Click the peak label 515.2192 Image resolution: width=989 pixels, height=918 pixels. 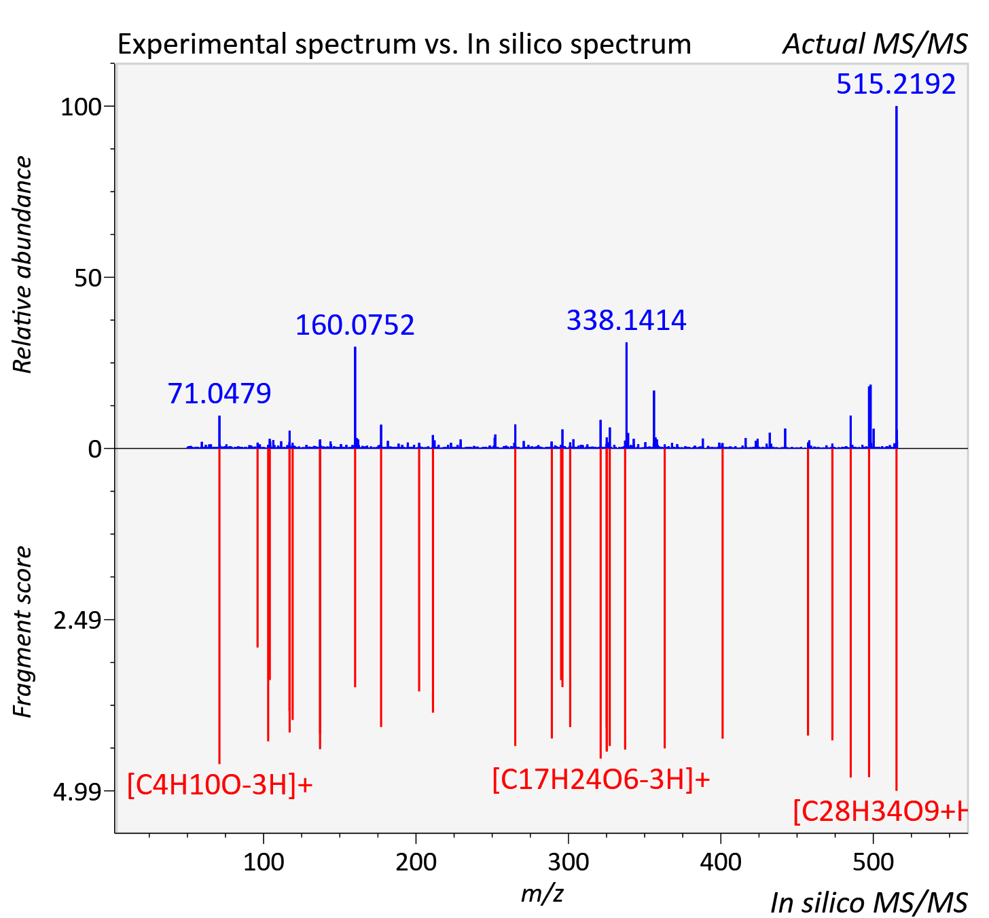pyautogui.click(x=896, y=84)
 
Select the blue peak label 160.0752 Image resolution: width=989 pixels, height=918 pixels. pyautogui.click(x=355, y=325)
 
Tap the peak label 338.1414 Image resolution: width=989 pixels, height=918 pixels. pyautogui.click(x=626, y=320)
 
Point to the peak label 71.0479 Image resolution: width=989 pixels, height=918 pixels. pyautogui.click(x=219, y=393)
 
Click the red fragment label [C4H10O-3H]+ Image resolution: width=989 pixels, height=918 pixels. pyautogui.click(x=220, y=785)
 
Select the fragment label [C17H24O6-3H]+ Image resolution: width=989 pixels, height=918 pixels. pyautogui.click(x=601, y=779)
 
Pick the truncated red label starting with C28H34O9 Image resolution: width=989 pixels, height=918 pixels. pyautogui.click(x=880, y=812)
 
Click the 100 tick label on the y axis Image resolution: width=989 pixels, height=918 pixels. pyautogui.click(x=81, y=107)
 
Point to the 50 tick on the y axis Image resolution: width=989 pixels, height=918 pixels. pyautogui.click(x=88, y=278)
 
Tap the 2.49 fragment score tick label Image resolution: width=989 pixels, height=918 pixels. pyautogui.click(x=77, y=621)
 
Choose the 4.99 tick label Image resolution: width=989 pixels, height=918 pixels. pyautogui.click(x=77, y=792)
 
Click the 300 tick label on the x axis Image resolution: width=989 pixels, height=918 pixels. pyautogui.click(x=569, y=862)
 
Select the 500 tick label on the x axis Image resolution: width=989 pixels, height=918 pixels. pyautogui.click(x=873, y=862)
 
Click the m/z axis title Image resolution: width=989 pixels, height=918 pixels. pyautogui.click(x=542, y=894)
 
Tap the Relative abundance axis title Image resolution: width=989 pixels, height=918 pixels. pyautogui.click(x=23, y=264)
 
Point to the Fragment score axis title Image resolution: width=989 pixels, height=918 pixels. pyautogui.click(x=23, y=631)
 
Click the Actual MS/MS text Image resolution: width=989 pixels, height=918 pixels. pyautogui.click(x=875, y=44)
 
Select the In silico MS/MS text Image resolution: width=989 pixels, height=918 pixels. pyautogui.click(x=869, y=902)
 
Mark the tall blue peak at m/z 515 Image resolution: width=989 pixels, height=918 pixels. pyautogui.click(x=897, y=277)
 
